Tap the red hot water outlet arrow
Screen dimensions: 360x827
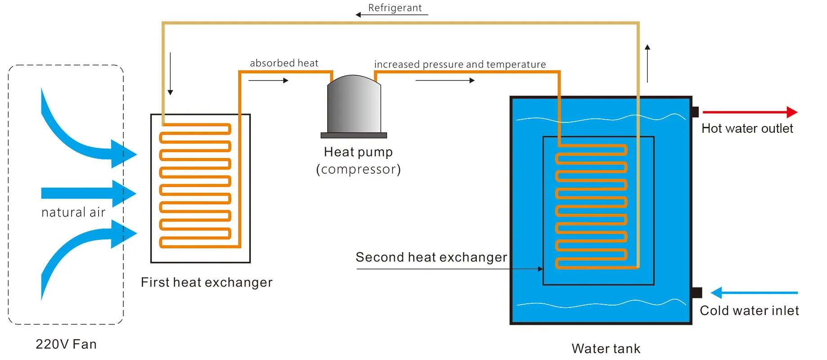tap(750, 112)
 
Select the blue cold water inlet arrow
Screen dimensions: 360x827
tap(754, 293)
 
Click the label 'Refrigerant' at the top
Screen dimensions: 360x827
tap(395, 8)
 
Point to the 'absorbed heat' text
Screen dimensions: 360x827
tap(284, 63)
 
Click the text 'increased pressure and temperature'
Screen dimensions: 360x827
tap(460, 64)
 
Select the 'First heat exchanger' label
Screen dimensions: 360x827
tap(207, 282)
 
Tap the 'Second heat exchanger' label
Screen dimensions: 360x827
tap(431, 257)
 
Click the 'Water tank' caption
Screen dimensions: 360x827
tap(606, 348)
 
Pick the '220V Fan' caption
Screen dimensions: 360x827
tap(66, 344)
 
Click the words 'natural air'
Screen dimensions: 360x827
tap(73, 212)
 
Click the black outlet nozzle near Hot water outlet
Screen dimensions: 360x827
tap(695, 112)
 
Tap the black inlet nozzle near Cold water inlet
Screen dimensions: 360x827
tap(696, 293)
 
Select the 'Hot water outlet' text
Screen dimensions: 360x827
tap(747, 129)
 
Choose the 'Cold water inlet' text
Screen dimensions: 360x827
tap(749, 310)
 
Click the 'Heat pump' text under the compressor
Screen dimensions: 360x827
tap(358, 152)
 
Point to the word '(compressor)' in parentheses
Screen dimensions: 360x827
tap(358, 169)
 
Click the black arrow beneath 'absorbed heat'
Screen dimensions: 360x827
tap(268, 81)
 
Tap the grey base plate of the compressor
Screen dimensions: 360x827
tap(354, 135)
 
